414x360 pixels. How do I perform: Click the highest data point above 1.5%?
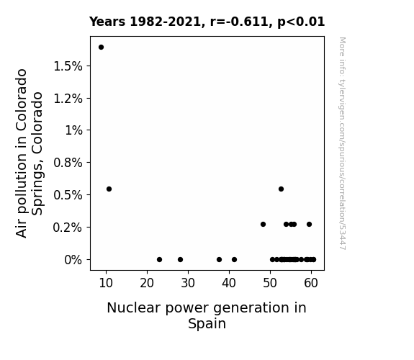[x=101, y=48]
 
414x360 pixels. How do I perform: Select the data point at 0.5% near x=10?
[x=109, y=189]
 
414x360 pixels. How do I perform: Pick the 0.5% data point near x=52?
[x=282, y=189]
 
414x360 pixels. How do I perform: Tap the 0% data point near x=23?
[x=159, y=260]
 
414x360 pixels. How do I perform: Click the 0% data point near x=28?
[x=180, y=260]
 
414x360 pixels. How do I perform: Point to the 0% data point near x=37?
[x=219, y=260]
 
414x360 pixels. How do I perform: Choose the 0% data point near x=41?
[x=235, y=260]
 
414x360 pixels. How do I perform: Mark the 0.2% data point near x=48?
[x=264, y=224]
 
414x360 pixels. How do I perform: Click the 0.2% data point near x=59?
[x=310, y=224]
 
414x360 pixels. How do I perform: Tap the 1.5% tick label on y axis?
[x=68, y=66]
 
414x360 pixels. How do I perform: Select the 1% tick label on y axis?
[x=73, y=130]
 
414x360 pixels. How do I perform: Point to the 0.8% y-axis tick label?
[x=68, y=163]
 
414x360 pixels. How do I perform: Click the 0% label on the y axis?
[x=73, y=260]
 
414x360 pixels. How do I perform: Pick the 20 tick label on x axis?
[x=147, y=283]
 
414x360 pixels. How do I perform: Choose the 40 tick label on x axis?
[x=229, y=283]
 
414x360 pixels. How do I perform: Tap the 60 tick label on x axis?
[x=311, y=283]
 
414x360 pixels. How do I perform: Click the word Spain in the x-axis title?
[x=207, y=323]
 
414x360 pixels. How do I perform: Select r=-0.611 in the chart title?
[x=239, y=22]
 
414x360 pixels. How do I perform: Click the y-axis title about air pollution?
[x=29, y=153]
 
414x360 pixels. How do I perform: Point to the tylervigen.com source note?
[x=343, y=143]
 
